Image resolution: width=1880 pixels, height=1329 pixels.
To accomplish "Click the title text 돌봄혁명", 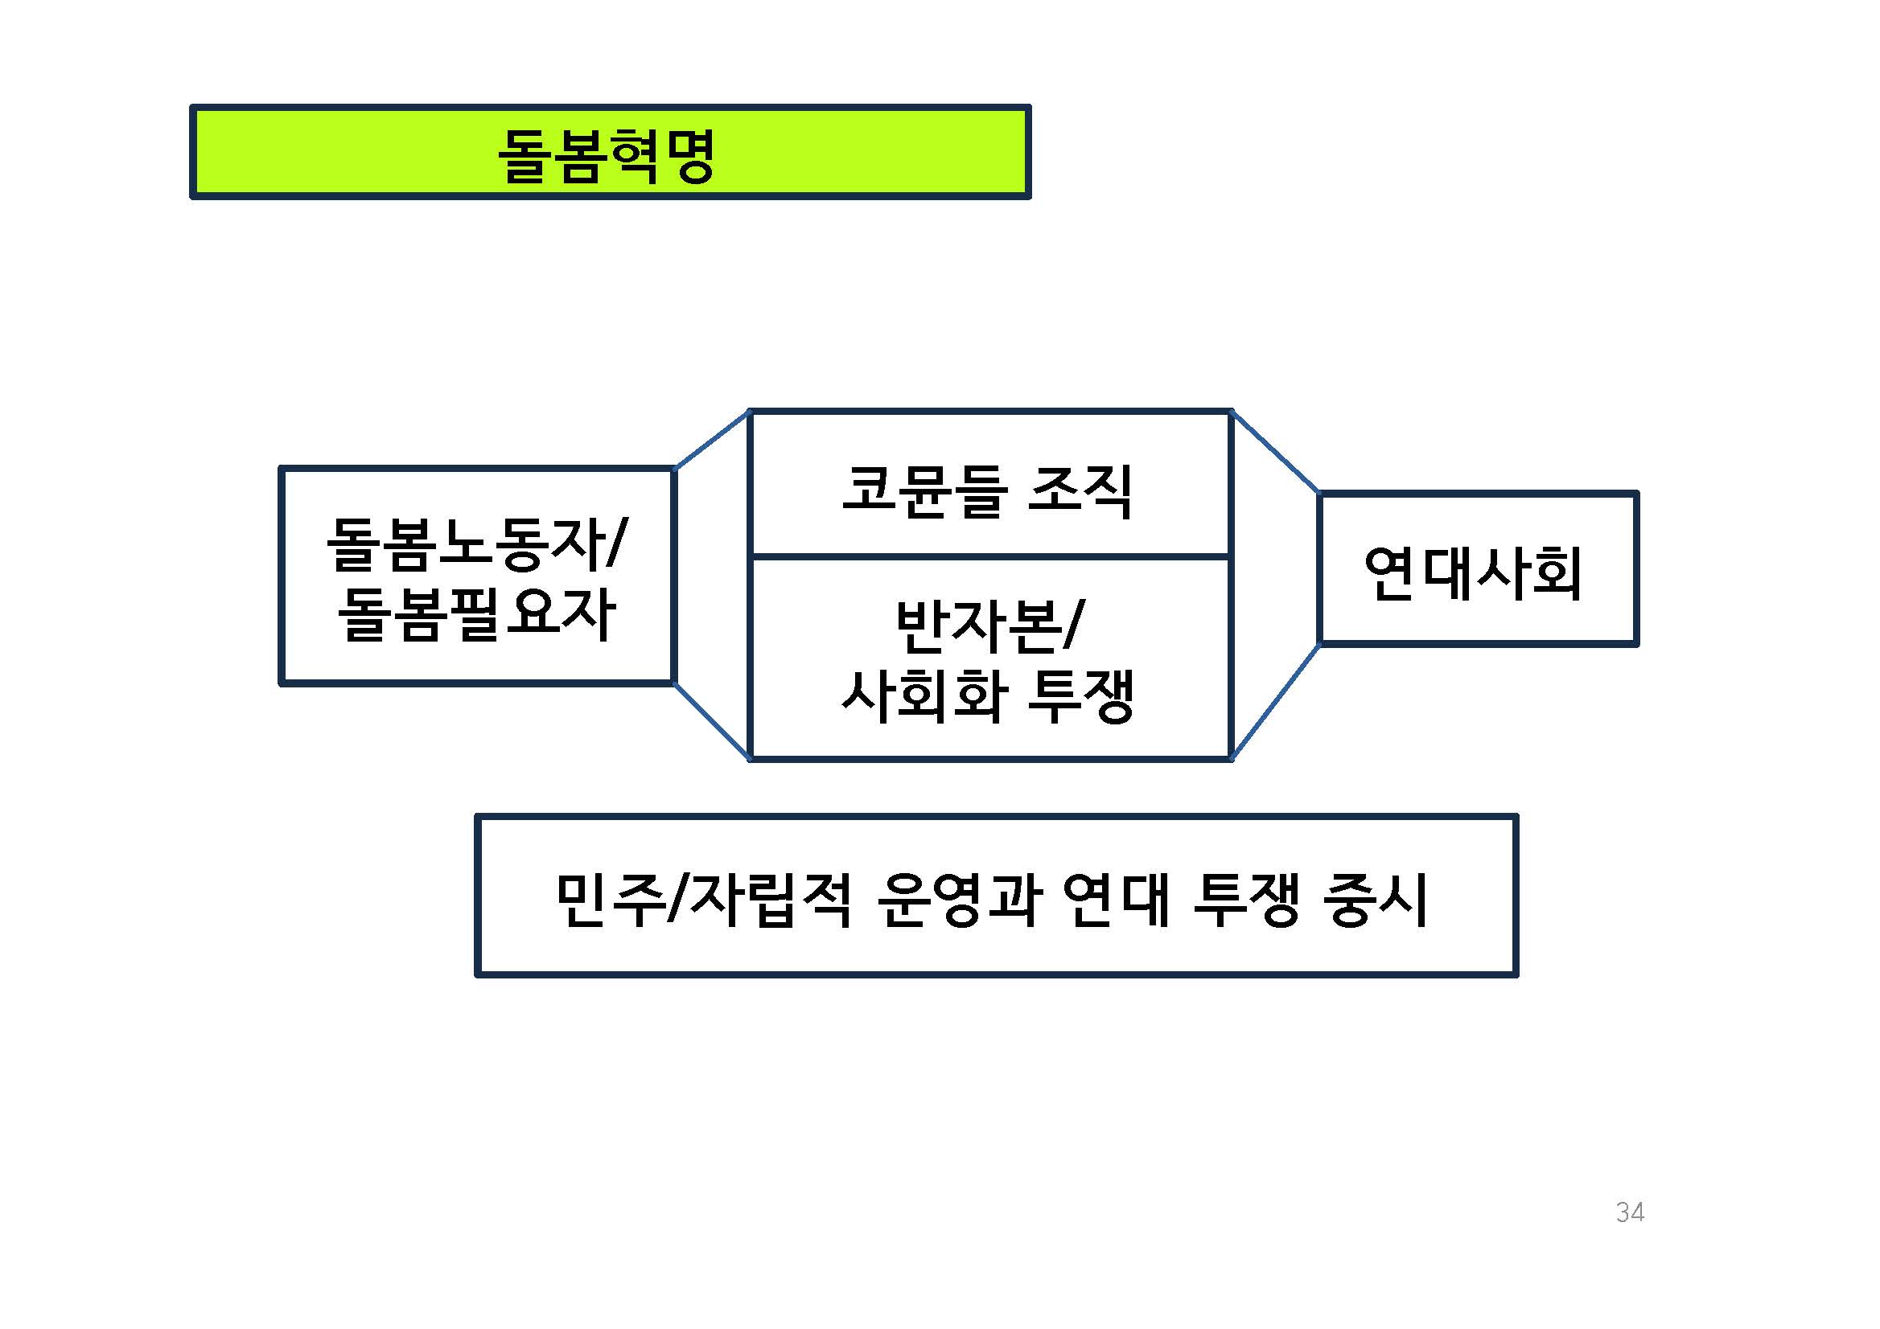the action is coord(607,154).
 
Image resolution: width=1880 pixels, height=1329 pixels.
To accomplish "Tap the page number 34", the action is coord(1630,1212).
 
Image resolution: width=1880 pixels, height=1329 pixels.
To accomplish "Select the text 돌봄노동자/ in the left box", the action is coord(476,543).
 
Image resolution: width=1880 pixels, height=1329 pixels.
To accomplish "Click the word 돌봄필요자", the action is coord(476,613).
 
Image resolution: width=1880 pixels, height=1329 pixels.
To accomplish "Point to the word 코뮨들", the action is coord(923,491).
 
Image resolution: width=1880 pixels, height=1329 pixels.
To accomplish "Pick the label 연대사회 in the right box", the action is coord(1473,572).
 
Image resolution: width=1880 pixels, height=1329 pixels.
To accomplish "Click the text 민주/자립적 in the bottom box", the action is coord(704,900).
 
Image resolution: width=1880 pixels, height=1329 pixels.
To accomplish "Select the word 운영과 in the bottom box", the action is coord(960,900).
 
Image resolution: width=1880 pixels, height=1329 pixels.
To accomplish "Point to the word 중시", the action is coord(1376,900).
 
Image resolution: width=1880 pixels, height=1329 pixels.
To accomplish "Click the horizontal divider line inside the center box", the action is coord(990,557).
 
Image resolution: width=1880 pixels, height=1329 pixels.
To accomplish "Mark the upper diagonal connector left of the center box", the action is coord(712,441).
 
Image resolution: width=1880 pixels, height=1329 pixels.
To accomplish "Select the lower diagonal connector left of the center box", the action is coord(712,720).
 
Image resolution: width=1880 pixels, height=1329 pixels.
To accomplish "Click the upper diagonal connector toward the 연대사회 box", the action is coord(1275,453).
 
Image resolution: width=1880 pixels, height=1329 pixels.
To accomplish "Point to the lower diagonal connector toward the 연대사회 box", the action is coord(1275,701).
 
